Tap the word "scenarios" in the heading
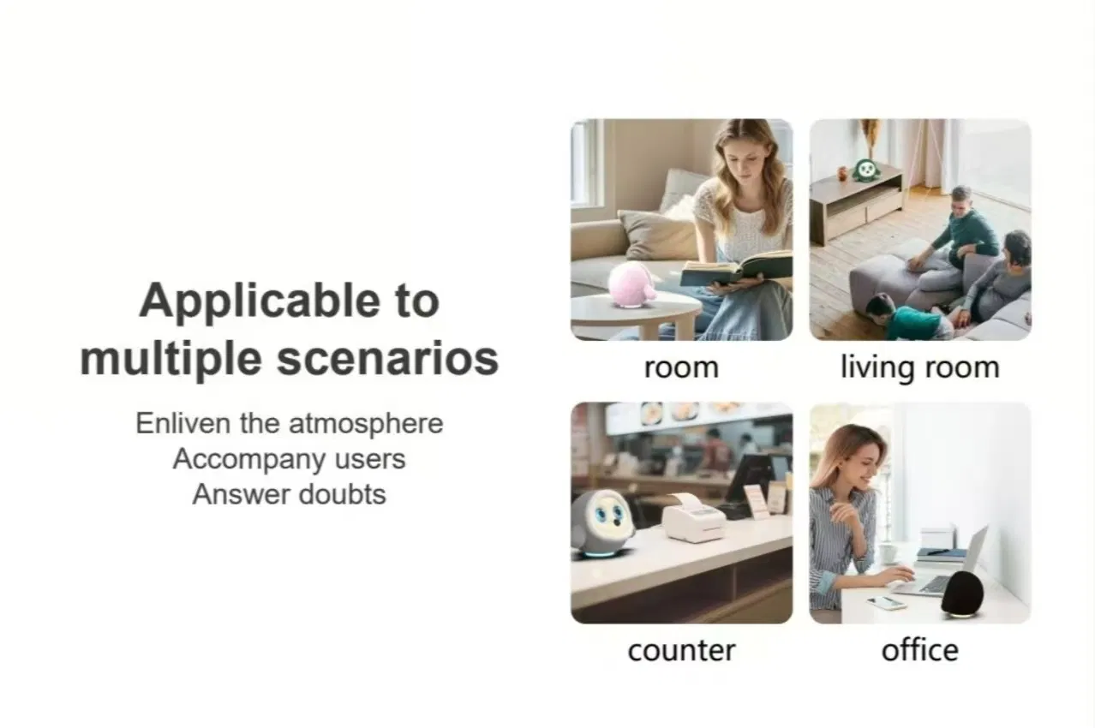(x=387, y=359)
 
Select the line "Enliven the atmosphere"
(x=290, y=423)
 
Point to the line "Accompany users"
(x=290, y=459)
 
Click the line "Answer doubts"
(x=290, y=494)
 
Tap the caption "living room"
(x=920, y=367)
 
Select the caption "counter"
(x=681, y=651)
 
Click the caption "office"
(x=920, y=650)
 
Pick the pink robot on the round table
(x=632, y=285)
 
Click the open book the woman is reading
(x=736, y=268)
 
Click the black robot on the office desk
(x=962, y=594)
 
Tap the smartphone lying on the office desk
(x=886, y=602)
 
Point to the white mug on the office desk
(x=889, y=553)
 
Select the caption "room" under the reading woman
(x=681, y=368)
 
